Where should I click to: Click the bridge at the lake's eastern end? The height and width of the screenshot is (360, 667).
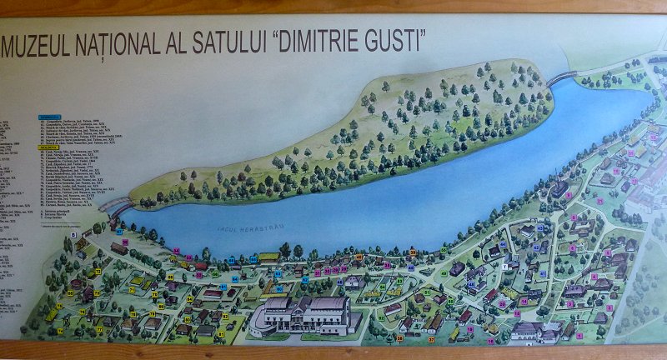(562, 77)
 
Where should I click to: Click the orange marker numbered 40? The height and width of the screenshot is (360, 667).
(359, 257)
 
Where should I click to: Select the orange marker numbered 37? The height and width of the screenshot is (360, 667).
(432, 340)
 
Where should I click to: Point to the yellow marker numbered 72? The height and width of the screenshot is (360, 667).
(99, 329)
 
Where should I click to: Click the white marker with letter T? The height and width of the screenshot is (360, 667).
(505, 265)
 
